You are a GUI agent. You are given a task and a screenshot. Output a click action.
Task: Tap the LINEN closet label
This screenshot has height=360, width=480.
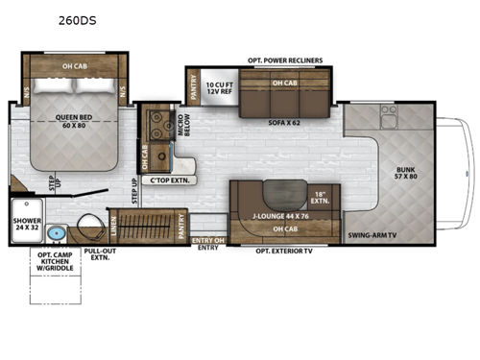[115, 225]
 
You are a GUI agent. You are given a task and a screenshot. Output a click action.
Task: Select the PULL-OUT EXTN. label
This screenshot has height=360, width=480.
[99, 254]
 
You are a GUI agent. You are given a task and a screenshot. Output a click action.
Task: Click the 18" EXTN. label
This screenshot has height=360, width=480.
[321, 199]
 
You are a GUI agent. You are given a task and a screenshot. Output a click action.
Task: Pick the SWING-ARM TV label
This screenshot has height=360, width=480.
[371, 234]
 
